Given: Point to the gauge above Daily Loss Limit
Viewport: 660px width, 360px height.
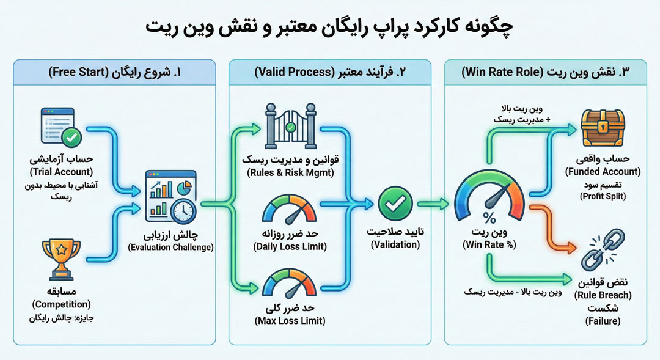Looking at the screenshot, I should [x=289, y=211].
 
